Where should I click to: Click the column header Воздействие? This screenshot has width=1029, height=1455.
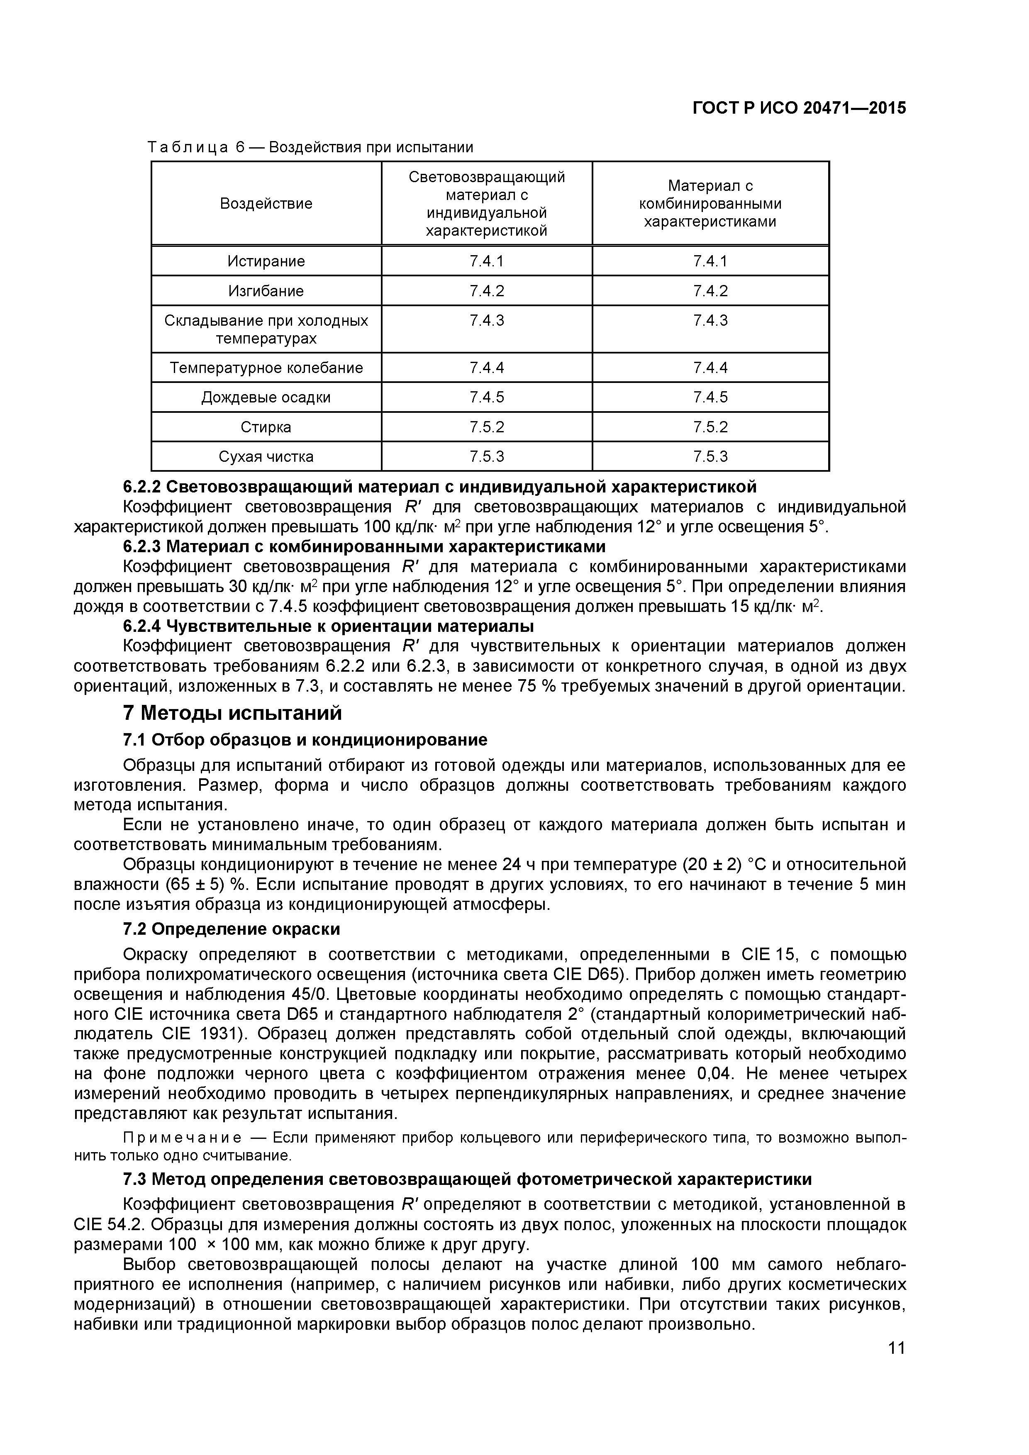266,203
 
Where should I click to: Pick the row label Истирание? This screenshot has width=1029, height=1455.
266,261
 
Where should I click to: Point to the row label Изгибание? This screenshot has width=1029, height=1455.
266,291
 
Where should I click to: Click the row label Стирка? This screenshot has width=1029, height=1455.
266,427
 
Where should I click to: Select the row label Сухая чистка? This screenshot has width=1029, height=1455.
266,456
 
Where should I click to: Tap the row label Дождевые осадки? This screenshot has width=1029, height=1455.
266,397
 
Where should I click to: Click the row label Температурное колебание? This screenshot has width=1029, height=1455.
266,368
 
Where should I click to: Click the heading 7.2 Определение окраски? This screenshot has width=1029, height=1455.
231,929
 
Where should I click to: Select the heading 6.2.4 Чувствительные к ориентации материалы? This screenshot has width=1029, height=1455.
328,626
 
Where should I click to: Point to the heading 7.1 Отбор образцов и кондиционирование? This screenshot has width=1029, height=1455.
305,740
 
